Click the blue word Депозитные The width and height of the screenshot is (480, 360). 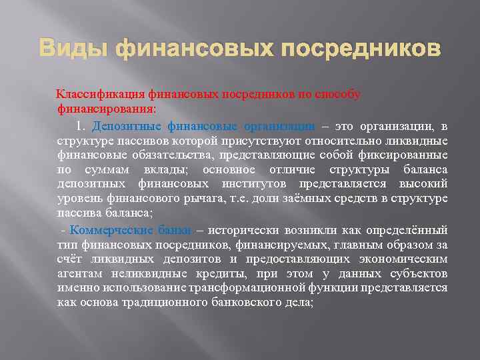pos(126,126)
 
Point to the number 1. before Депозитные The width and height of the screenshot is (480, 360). pos(82,126)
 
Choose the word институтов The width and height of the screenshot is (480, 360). pos(224,184)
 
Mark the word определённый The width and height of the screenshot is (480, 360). pos(406,230)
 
